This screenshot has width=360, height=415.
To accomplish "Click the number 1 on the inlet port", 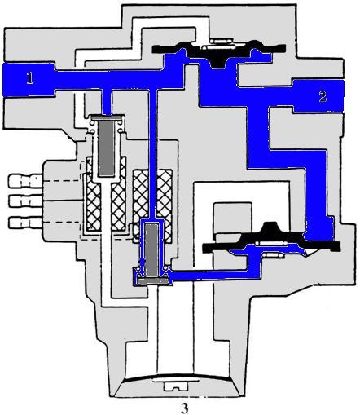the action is (x=30, y=78).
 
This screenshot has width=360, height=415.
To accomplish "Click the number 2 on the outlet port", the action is (x=323, y=96).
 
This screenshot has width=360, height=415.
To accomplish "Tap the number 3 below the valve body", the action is (x=185, y=408).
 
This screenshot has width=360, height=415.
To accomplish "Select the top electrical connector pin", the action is (x=25, y=181).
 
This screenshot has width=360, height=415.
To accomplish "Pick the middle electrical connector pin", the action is (x=25, y=201).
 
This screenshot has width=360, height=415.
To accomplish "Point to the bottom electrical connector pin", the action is (x=25, y=223).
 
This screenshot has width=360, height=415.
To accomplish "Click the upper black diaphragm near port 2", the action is (x=218, y=51).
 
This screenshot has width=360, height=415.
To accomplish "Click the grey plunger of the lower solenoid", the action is (x=152, y=249).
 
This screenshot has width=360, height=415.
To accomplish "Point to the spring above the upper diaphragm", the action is (x=221, y=44).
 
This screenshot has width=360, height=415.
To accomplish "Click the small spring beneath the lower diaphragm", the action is (x=274, y=255).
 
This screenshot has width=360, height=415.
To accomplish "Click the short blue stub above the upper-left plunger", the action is (x=107, y=102).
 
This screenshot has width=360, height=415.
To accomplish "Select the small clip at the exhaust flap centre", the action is (x=173, y=386).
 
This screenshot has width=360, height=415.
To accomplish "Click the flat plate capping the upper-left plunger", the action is (x=107, y=117).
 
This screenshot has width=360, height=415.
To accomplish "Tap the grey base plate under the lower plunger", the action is (x=152, y=281).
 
